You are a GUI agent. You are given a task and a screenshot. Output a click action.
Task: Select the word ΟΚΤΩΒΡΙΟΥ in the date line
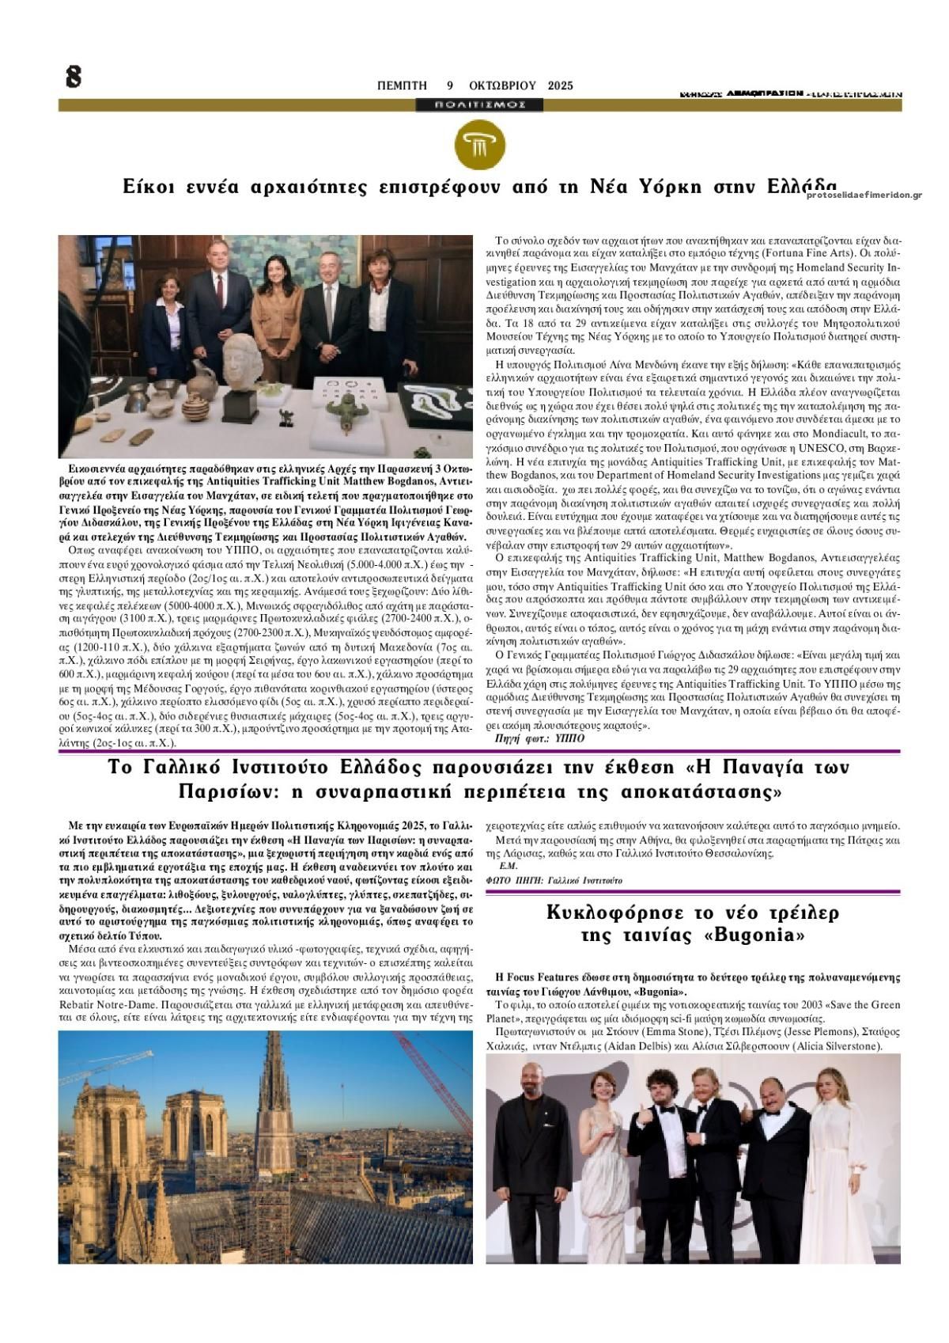coord(502,85)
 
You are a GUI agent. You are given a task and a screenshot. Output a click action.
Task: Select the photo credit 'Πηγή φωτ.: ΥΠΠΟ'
coord(539,738)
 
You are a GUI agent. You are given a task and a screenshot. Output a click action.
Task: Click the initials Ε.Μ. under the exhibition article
coord(507,866)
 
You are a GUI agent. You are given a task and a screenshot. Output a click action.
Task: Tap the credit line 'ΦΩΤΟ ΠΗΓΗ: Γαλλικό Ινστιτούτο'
coord(553,880)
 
